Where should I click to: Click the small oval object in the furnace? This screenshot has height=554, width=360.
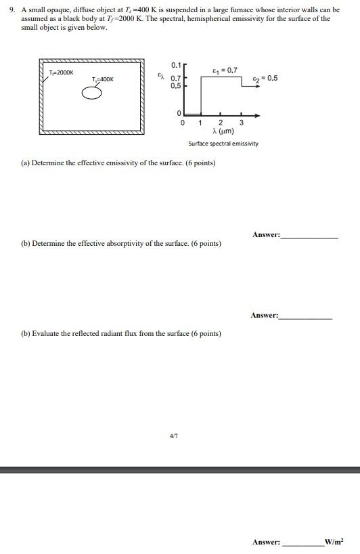pyautogui.click(x=92, y=93)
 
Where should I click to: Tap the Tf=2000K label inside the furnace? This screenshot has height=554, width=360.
pyautogui.click(x=61, y=72)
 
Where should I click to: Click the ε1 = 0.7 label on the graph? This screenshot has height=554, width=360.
pyautogui.click(x=225, y=70)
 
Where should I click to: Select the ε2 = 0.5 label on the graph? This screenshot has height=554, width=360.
pyautogui.click(x=265, y=79)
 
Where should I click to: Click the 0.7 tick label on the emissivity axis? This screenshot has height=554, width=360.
pyautogui.click(x=176, y=79)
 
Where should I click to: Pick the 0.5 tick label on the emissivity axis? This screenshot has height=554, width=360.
pyautogui.click(x=176, y=86)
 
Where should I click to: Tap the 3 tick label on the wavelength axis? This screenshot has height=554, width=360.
pyautogui.click(x=242, y=123)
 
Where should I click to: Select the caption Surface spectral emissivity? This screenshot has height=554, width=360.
pyautogui.click(x=223, y=144)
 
